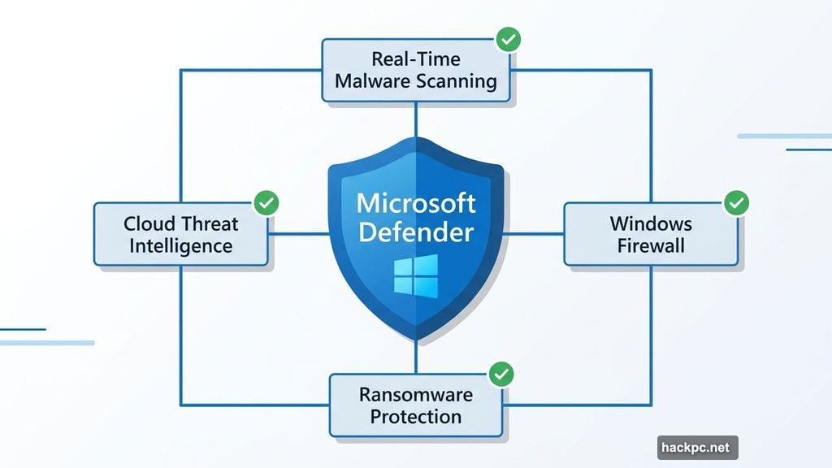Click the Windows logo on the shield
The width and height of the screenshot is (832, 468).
click(x=415, y=275)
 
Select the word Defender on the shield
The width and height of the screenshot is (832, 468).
click(x=415, y=232)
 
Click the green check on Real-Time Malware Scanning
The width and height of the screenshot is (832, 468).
click(x=509, y=38)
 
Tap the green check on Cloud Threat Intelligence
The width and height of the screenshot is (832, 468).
click(x=266, y=203)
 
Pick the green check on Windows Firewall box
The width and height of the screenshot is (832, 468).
click(x=736, y=202)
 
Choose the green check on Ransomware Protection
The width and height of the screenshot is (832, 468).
click(x=501, y=374)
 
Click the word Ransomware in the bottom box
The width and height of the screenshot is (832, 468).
click(x=415, y=395)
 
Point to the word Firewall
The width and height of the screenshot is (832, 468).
click(x=651, y=245)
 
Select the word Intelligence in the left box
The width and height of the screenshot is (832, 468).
click(x=180, y=245)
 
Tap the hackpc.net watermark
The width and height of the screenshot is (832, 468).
click(x=697, y=448)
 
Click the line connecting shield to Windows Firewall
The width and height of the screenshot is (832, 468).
click(x=533, y=234)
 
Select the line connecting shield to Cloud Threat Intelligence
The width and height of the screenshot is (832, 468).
click(x=298, y=234)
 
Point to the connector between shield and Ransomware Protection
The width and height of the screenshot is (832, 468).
click(x=416, y=357)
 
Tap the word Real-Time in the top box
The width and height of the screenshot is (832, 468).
click(x=415, y=59)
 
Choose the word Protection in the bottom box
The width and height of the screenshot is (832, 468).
click(x=415, y=417)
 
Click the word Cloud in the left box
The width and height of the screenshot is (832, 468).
click(x=152, y=223)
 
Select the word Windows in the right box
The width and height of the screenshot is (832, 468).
click(x=651, y=223)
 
